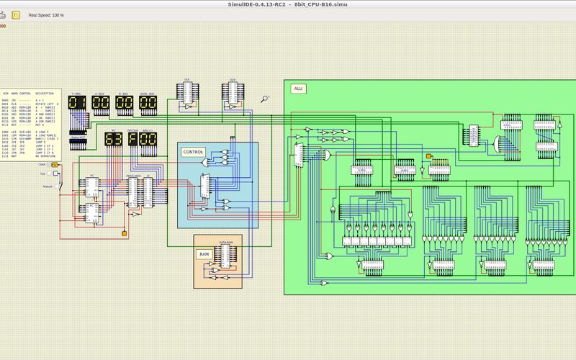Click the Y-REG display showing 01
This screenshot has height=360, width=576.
(77, 104)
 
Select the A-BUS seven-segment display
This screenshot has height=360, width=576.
(100, 104)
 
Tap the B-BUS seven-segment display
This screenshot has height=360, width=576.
(124, 104)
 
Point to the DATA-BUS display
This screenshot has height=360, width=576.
(148, 104)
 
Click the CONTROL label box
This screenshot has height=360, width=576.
(193, 152)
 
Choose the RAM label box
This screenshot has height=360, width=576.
(204, 253)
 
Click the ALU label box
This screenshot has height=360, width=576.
(298, 89)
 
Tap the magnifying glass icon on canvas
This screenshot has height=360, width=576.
(265, 99)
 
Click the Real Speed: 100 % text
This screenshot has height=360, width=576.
(46, 14)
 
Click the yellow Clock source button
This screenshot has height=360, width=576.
(55, 165)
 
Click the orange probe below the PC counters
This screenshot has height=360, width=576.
(125, 234)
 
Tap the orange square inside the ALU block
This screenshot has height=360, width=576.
(428, 156)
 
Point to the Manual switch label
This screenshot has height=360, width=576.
(48, 186)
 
